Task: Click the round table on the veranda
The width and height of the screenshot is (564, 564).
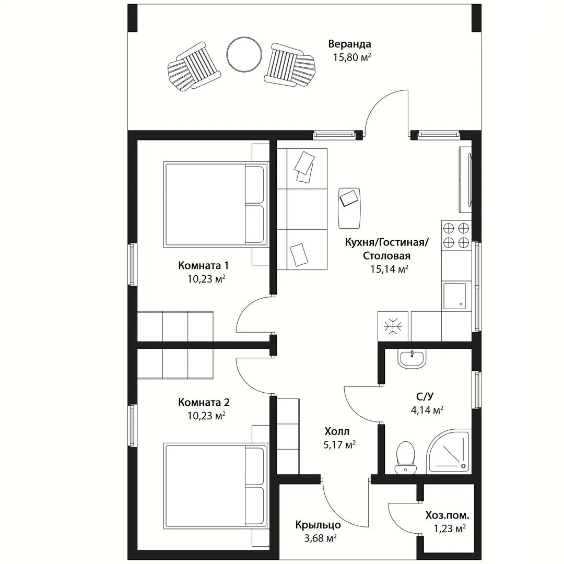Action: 244,54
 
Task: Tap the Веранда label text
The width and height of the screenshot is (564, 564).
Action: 349,44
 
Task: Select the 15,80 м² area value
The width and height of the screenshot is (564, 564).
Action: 352,57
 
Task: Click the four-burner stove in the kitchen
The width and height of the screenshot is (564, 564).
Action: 456,235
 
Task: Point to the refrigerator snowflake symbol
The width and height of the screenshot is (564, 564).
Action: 393,326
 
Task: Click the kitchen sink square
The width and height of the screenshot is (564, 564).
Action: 454,296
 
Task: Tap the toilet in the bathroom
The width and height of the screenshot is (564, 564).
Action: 405,457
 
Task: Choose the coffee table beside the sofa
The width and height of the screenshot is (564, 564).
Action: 349,208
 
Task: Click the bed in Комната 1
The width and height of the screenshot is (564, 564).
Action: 216,204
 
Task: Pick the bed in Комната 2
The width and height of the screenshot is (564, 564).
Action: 216,486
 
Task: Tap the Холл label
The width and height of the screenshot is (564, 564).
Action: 337,431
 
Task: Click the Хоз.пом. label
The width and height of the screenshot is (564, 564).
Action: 447,515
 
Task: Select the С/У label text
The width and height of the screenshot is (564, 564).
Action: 425,396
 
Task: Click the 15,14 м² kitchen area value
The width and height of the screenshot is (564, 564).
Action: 389,269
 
